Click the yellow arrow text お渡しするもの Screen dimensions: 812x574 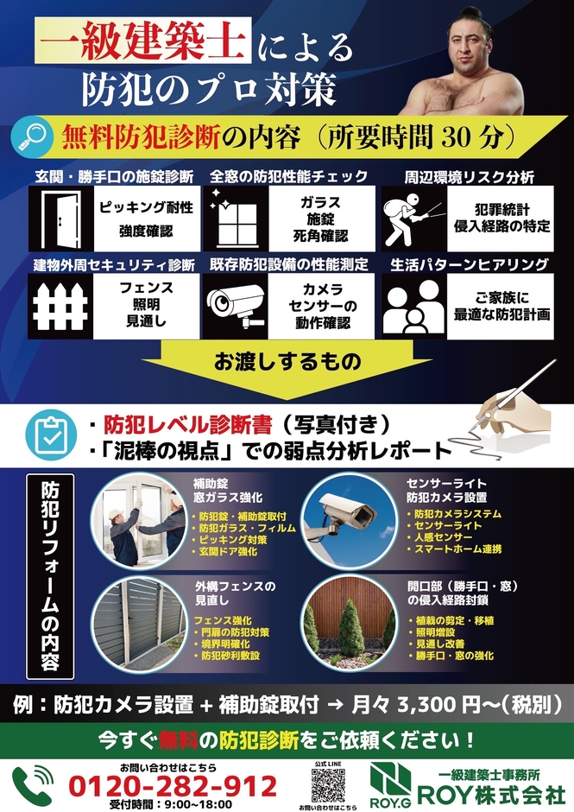(287, 362)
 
